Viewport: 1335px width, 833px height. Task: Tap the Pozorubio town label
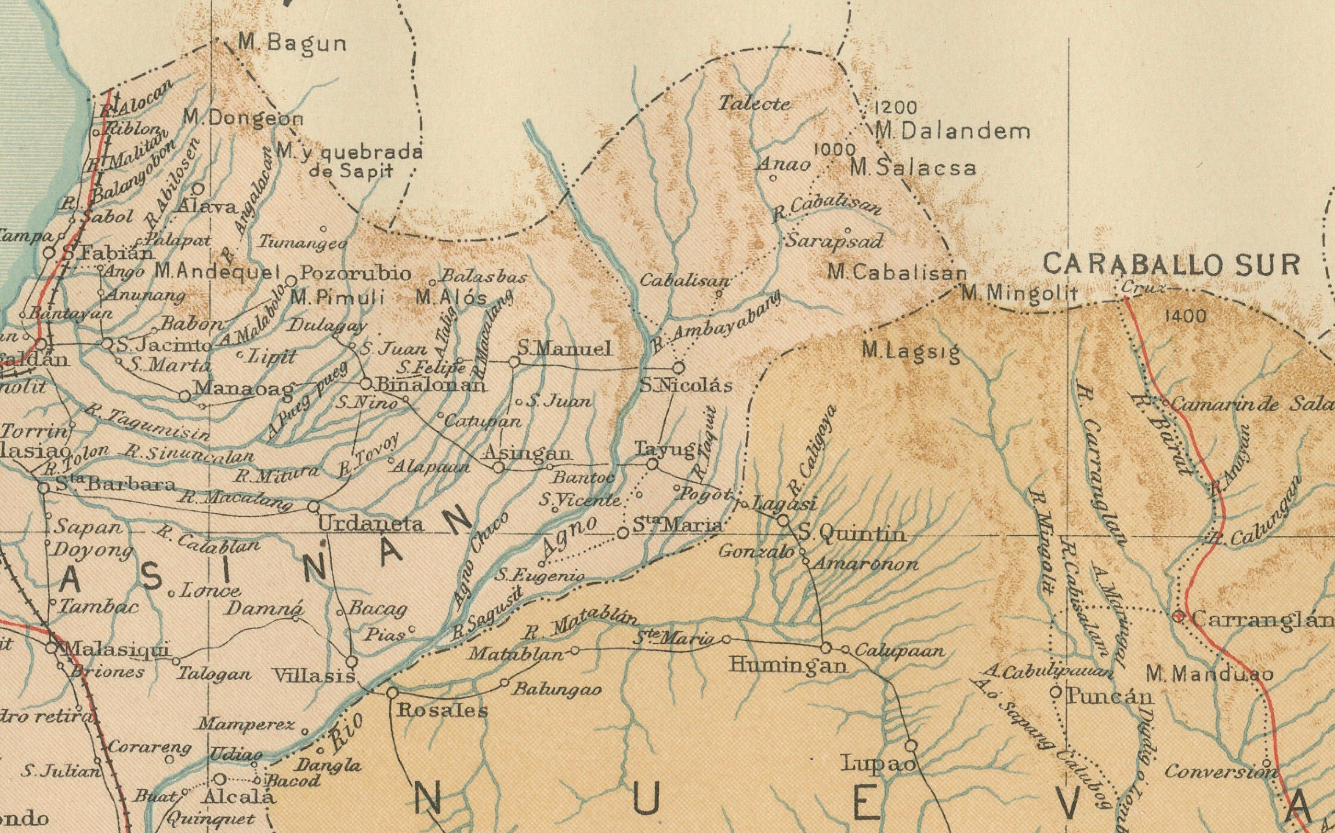[x=356, y=274]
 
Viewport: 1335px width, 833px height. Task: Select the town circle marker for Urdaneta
[x=313, y=506]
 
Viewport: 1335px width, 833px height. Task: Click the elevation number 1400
[x=1186, y=316]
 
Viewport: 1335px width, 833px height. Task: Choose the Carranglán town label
[x=1262, y=620]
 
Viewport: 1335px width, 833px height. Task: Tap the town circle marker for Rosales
[x=392, y=693]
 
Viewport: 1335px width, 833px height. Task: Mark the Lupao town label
[x=878, y=764]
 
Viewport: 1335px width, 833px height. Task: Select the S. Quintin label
[x=852, y=534]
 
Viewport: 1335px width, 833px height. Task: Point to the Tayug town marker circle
[x=652, y=464]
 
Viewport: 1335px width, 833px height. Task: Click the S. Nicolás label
[x=686, y=386]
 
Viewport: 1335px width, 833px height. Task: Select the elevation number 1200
[x=896, y=107]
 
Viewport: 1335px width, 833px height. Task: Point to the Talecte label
[x=755, y=104]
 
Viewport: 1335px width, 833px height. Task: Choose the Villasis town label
[x=314, y=677]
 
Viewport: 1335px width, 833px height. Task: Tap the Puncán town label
[x=1109, y=697]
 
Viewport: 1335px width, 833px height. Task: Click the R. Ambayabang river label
[x=717, y=324]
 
